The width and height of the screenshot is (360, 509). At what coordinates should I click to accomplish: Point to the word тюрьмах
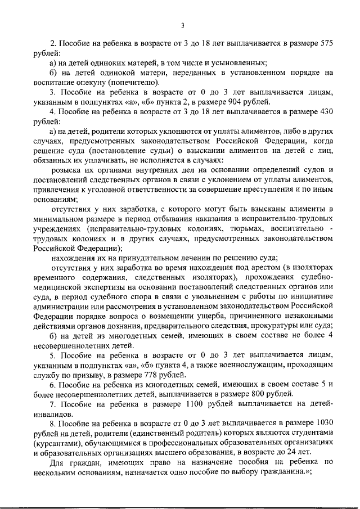click(246, 229)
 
